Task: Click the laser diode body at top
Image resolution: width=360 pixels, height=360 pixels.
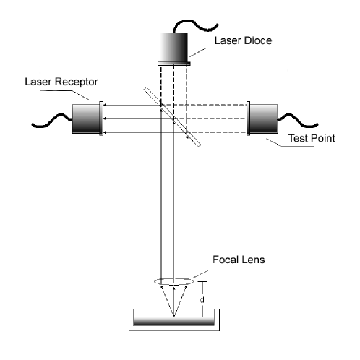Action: coord(173,48)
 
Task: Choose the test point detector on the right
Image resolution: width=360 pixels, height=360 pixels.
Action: coord(265,119)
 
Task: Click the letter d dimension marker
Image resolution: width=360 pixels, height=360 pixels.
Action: coord(203,299)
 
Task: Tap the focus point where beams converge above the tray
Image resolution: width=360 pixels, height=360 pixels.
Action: coord(173,316)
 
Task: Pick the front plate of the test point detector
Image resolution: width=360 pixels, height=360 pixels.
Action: coord(249,119)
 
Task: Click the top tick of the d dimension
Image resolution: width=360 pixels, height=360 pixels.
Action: coord(203,281)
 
